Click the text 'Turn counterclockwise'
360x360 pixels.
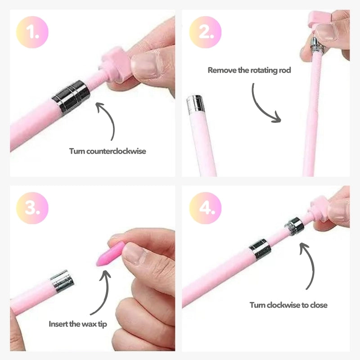click(108, 151)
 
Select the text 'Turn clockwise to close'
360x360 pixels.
click(288, 305)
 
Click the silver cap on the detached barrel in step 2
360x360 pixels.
click(195, 103)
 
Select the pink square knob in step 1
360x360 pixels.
click(113, 63)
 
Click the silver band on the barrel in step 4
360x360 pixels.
click(259, 249)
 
